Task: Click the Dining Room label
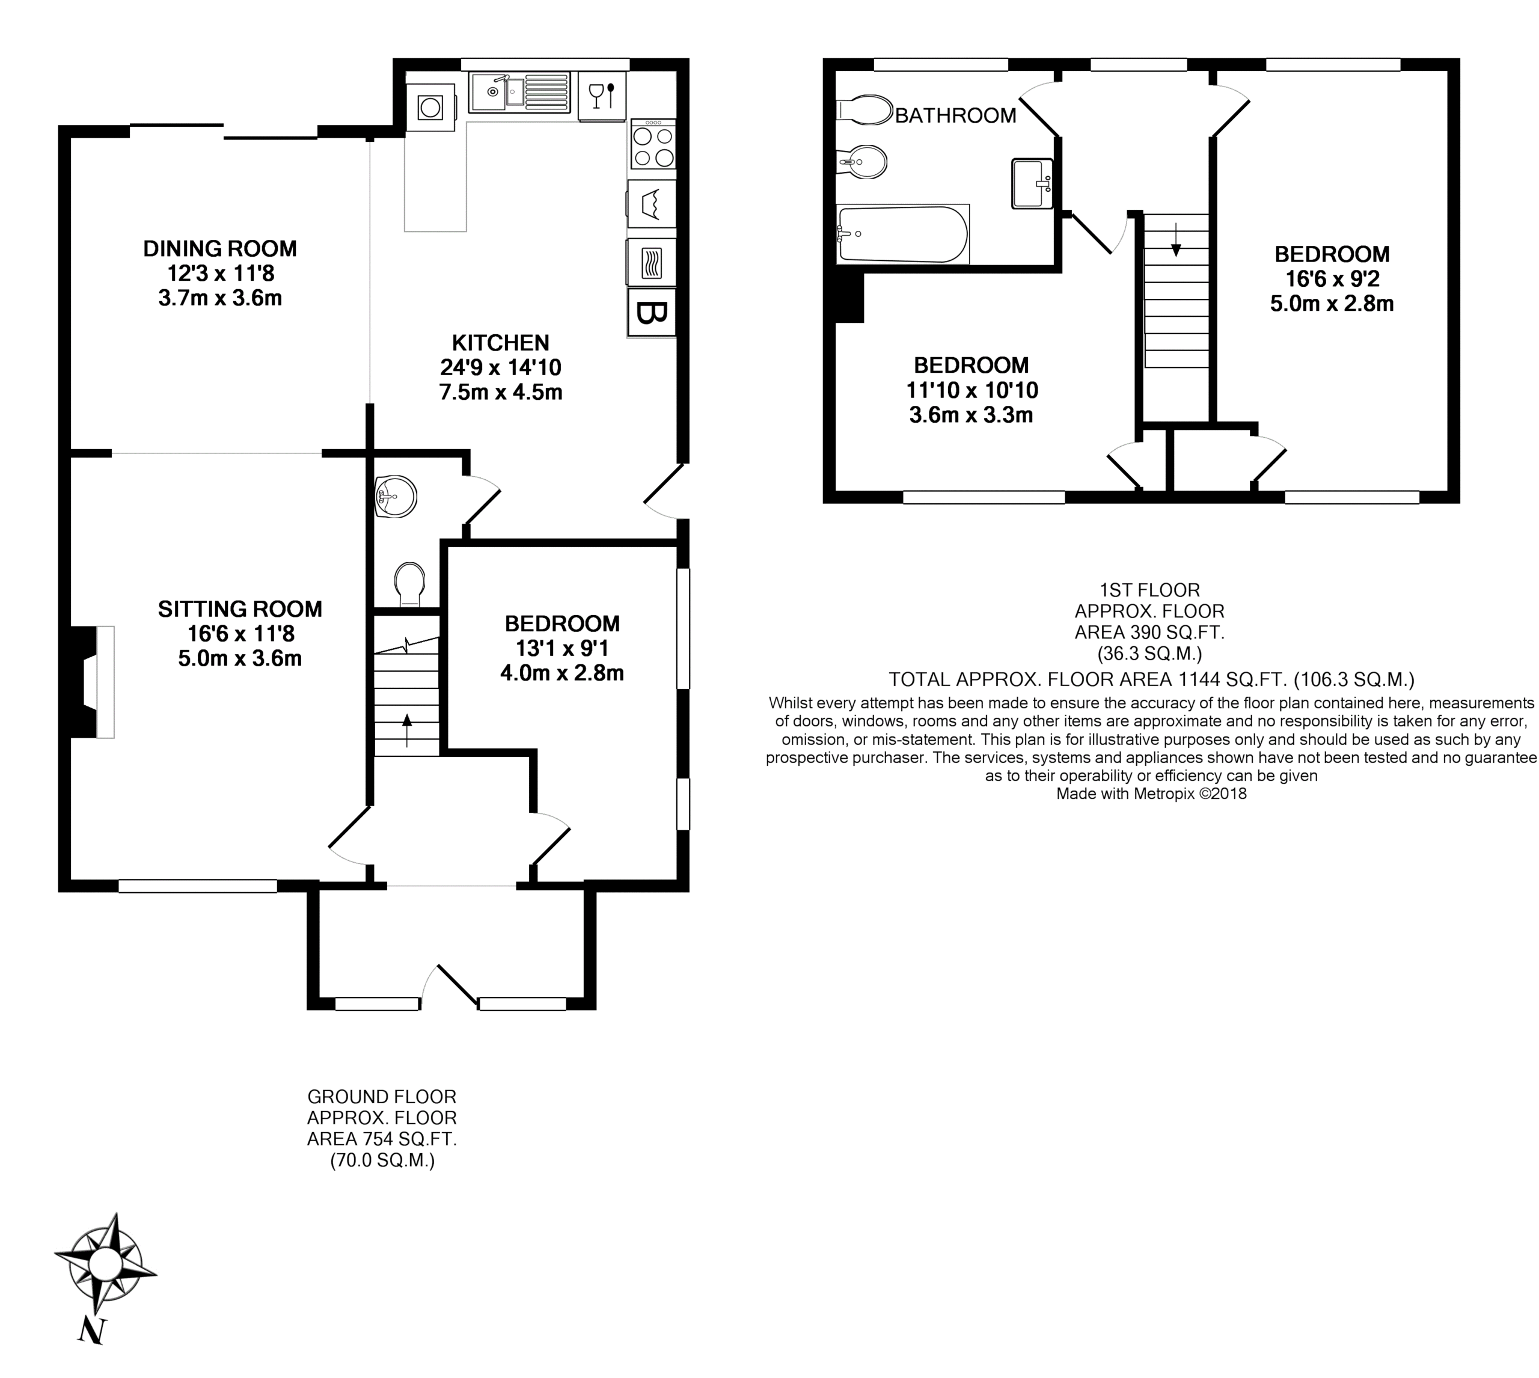tap(219, 248)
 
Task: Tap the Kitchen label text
tap(500, 342)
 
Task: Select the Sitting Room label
tap(240, 609)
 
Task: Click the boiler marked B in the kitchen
tap(651, 313)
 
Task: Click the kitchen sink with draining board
tap(519, 93)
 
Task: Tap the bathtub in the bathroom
tap(902, 234)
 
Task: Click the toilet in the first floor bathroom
tap(864, 110)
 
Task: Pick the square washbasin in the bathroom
tap(1032, 183)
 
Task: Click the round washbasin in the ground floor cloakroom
tap(395, 497)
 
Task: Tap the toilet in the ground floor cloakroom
tap(409, 584)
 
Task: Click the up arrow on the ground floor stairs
tap(407, 730)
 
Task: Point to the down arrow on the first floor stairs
tap(1176, 239)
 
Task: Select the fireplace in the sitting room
tap(90, 681)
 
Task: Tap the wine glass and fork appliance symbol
tap(602, 96)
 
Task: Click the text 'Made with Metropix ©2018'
tap(1151, 794)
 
